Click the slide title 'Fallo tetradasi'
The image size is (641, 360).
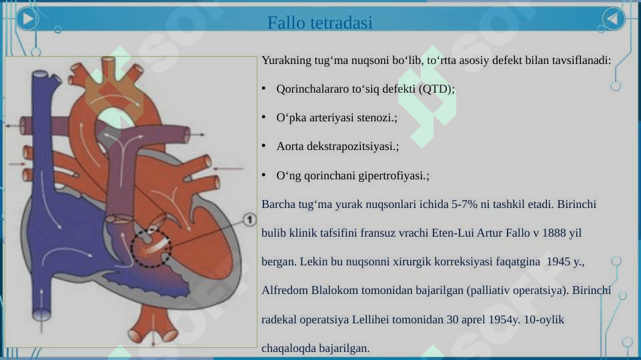pos(319,23)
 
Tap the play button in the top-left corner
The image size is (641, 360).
pos(27,19)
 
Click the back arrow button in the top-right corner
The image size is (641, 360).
pos(613,19)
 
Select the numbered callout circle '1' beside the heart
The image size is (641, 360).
pos(249,220)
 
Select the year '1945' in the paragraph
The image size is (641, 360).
pos(558,261)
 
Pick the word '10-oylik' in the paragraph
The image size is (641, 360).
pos(544,319)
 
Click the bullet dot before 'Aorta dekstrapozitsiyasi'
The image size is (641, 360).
pos(263,145)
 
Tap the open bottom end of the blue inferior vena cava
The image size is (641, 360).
pos(41,315)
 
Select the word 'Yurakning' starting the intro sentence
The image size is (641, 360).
pos(286,61)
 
